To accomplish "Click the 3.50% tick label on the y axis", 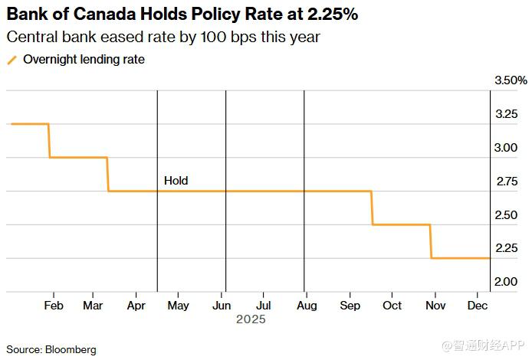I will tap(511, 80).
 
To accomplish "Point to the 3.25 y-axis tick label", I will tap(506, 114).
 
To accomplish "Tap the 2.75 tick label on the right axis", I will tap(506, 182).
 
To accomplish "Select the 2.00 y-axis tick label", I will tap(506, 282).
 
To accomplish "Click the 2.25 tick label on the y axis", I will tap(506, 248).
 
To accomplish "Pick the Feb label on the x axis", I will tap(54, 305).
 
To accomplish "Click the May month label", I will tap(178, 305).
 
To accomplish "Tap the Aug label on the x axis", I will tap(306, 305).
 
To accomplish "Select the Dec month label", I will tap(478, 305).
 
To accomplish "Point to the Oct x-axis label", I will tap(392, 305).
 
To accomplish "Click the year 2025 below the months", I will tap(251, 319).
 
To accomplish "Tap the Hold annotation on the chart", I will tap(176, 182).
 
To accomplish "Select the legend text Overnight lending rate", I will tap(84, 59).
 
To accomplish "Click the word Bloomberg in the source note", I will tap(71, 349).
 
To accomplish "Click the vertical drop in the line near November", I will tap(431, 241).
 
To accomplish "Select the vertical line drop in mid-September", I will tap(372, 208).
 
